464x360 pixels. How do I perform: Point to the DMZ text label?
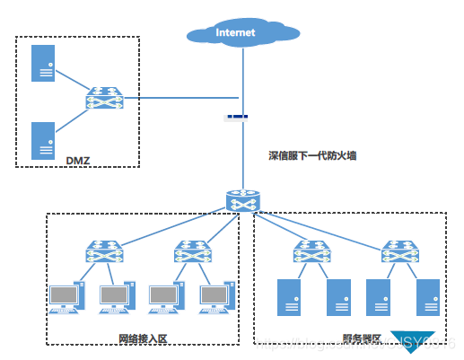(x=78, y=161)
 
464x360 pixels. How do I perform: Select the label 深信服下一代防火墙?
(x=312, y=155)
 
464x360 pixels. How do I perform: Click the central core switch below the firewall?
(x=242, y=202)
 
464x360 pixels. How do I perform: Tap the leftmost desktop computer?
(x=66, y=298)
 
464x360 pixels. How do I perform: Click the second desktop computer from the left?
(x=115, y=298)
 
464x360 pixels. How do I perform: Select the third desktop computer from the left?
(x=164, y=298)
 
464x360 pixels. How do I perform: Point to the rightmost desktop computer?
(x=214, y=298)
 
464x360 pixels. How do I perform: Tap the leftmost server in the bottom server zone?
(x=289, y=298)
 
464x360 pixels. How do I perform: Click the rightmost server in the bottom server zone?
(x=427, y=298)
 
